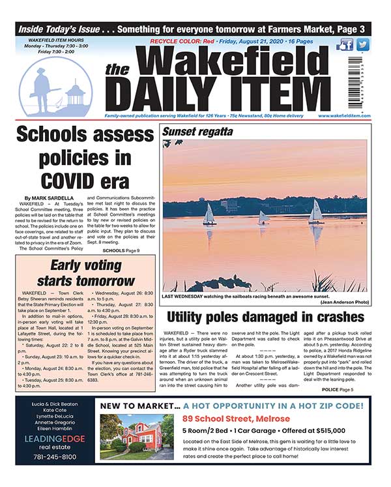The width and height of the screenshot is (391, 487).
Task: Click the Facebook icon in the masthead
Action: tap(346, 45)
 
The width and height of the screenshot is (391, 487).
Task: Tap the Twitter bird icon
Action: tap(362, 45)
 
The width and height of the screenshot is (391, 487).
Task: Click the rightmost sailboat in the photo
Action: tap(315, 212)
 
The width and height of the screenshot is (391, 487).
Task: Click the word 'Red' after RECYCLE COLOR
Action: tap(209, 41)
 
